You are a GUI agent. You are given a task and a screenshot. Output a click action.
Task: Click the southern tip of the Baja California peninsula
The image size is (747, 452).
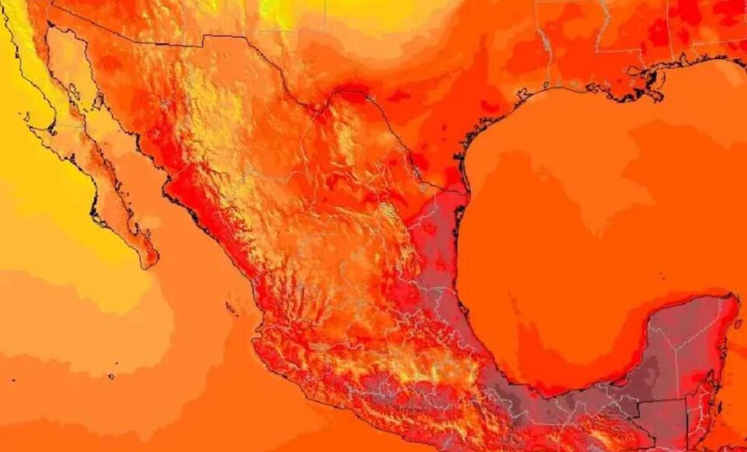tap(149, 264)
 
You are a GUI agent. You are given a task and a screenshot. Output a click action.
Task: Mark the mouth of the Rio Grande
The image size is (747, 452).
tap(465, 191)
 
